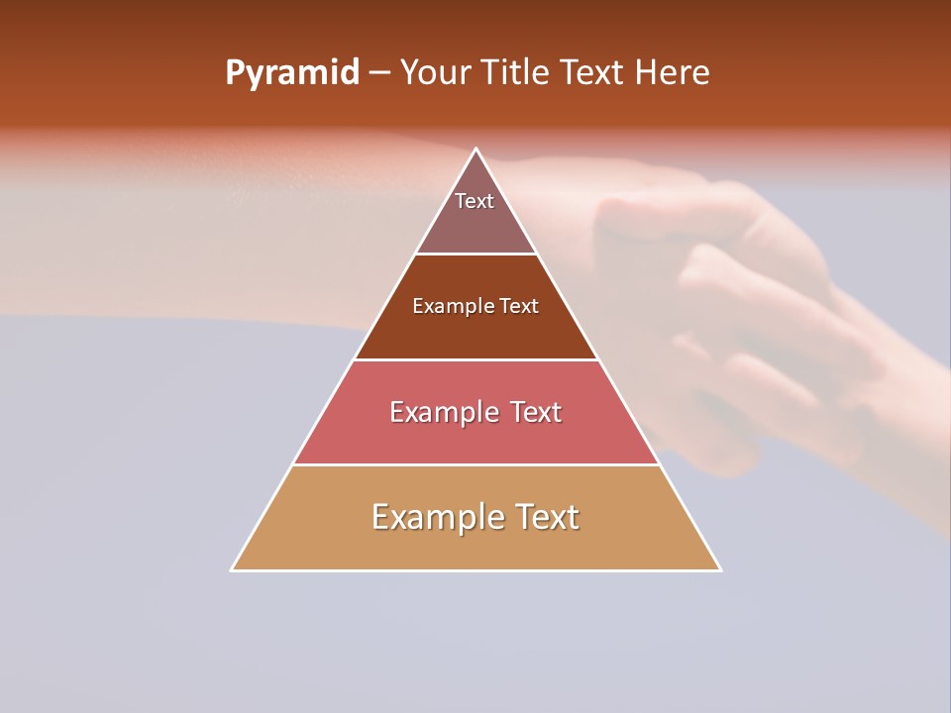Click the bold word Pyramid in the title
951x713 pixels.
point(292,73)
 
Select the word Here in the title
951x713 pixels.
point(673,73)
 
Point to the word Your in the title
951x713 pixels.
point(435,73)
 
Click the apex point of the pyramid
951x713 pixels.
point(475,150)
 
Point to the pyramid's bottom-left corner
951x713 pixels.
point(233,569)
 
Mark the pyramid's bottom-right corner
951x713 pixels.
point(719,569)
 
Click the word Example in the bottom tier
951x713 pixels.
point(432,517)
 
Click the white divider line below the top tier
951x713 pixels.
point(475,254)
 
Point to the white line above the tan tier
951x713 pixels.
point(475,464)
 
